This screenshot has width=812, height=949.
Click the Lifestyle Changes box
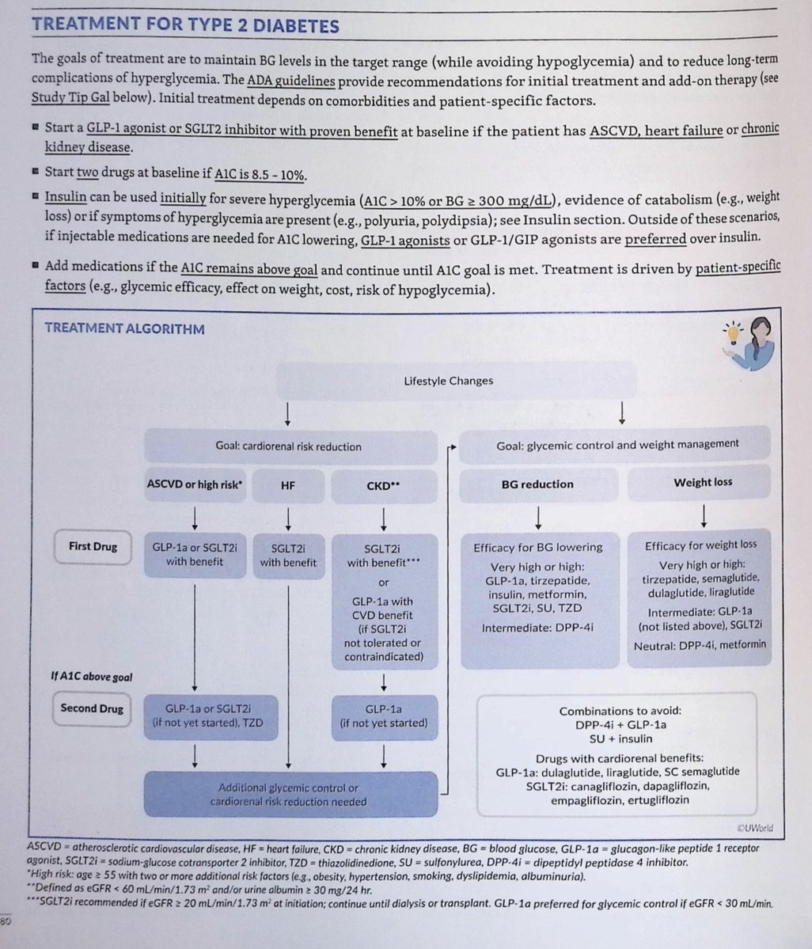[448, 381]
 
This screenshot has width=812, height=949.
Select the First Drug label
[92, 546]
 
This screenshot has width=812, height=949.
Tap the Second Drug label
[92, 708]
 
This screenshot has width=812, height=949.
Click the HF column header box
[287, 484]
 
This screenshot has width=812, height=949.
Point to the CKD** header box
[383, 485]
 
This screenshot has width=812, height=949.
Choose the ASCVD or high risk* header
[195, 484]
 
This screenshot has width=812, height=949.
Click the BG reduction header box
[537, 484]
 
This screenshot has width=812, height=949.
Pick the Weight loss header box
[703, 482]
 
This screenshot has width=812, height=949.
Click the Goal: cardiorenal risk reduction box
[289, 446]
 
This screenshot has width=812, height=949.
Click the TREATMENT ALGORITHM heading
[124, 328]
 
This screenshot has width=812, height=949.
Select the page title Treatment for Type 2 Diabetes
[185, 25]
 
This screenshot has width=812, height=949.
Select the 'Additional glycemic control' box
[289, 795]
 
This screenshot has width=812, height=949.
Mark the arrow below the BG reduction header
[538, 516]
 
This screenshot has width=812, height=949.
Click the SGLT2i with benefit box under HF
[288, 555]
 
